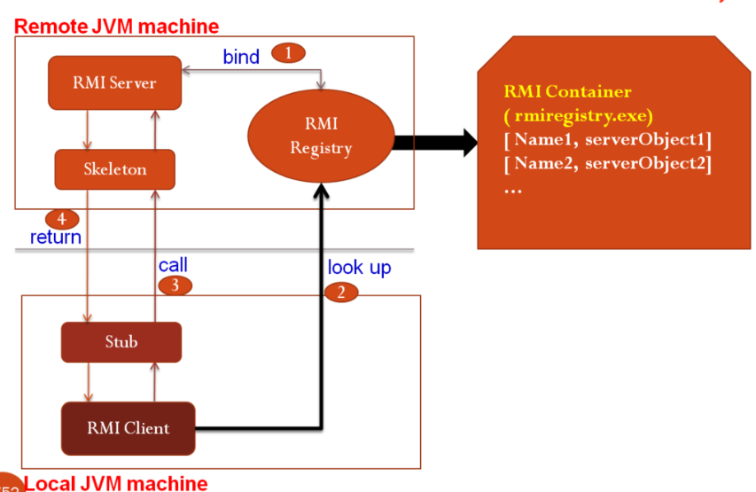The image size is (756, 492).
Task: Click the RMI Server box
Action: pos(114,83)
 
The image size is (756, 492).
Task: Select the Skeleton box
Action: pos(114,168)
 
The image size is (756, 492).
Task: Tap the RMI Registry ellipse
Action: pos(320,137)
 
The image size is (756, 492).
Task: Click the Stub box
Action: pos(121,341)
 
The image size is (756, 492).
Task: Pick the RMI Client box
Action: pos(128,428)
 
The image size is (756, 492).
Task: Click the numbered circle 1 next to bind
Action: pos(288,53)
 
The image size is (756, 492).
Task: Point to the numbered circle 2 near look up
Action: pos(340,292)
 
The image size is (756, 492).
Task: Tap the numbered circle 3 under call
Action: pos(174,285)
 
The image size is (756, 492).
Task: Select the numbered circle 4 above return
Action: pos(60,218)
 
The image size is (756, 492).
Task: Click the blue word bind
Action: pos(240,58)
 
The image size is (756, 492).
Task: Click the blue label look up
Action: pos(359,267)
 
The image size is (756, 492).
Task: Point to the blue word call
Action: pos(173,265)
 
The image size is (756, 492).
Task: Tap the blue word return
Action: pos(56,238)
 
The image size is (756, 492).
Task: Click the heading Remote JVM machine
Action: pos(116,27)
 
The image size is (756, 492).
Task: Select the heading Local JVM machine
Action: pos(116,483)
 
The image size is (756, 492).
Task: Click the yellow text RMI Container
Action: pos(580,91)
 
